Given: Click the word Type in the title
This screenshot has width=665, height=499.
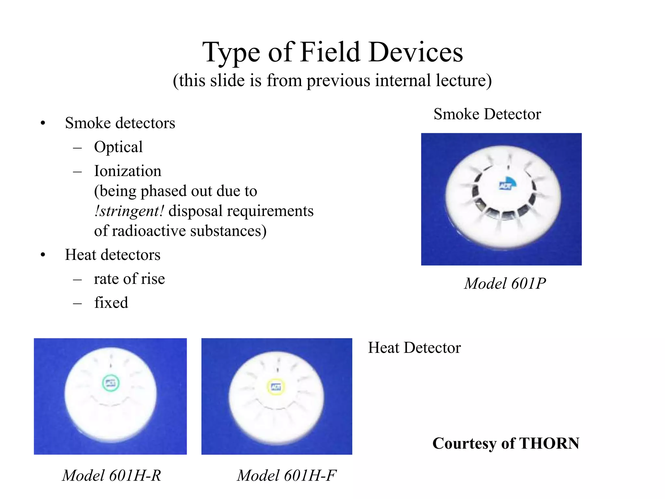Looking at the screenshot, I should point(231,53).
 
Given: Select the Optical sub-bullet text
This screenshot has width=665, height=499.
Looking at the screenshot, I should point(118,147).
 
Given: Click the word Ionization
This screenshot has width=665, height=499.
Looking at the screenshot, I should point(127,171).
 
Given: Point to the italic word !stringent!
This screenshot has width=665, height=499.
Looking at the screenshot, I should point(129,211).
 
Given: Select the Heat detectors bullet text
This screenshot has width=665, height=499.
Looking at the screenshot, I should point(112,255).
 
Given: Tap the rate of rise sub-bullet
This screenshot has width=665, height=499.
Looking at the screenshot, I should point(129,279).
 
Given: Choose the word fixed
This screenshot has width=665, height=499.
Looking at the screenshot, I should point(111,303).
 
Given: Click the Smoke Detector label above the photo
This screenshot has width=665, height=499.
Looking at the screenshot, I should point(487,114).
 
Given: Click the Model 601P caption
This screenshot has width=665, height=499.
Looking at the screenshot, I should point(505,284).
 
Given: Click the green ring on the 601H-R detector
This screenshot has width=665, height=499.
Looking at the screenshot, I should point(111,383).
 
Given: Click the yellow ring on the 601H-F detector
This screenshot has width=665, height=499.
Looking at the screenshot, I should point(276,387).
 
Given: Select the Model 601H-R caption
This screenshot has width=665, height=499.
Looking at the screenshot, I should point(111,476).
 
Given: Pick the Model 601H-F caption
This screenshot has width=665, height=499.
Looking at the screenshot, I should point(286,476).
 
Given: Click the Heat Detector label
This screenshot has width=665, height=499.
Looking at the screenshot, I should point(414,348).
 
